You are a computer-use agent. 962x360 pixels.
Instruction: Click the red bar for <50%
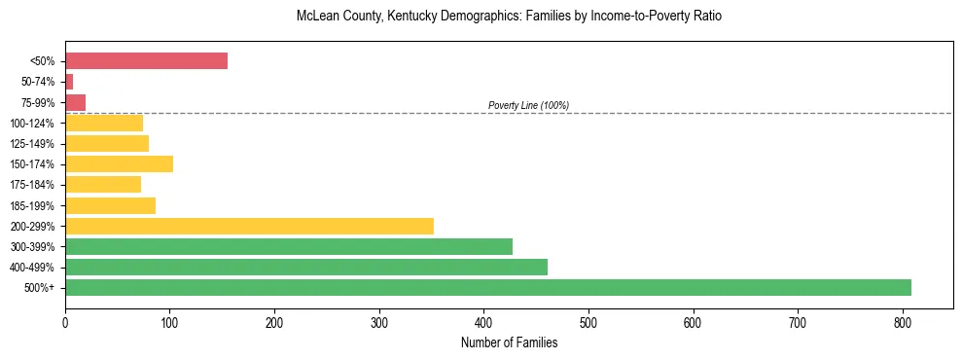[146, 61]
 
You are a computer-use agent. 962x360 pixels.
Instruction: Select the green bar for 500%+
[487, 287]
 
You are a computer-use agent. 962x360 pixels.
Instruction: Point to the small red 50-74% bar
[69, 82]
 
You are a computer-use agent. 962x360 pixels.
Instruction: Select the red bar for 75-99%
[75, 102]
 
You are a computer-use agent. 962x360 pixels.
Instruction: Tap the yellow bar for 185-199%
[110, 205]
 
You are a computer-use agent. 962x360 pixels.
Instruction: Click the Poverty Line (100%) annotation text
[528, 105]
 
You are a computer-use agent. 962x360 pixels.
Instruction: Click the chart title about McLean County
[509, 17]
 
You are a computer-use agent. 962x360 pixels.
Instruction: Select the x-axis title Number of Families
[509, 342]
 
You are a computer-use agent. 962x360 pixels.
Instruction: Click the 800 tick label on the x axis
[902, 321]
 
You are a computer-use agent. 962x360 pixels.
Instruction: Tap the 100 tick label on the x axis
[169, 321]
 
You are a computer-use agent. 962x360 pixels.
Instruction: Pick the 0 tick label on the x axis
[65, 321]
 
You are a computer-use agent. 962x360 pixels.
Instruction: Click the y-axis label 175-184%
[32, 185]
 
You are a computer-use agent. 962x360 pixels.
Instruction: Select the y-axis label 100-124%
[32, 124]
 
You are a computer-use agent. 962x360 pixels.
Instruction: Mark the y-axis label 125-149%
[32, 144]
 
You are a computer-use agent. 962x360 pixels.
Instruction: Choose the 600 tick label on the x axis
[693, 321]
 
